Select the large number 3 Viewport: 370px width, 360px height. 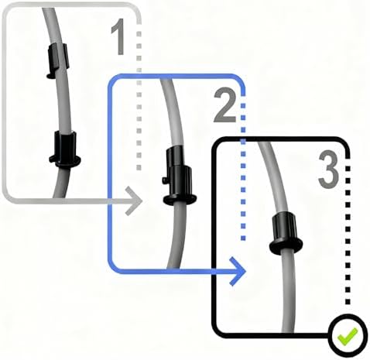click(x=328, y=170)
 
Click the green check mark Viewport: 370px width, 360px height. click(x=348, y=336)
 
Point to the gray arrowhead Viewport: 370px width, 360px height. click(x=134, y=201)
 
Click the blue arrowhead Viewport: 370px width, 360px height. click(x=238, y=271)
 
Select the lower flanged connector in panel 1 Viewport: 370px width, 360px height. click(x=65, y=149)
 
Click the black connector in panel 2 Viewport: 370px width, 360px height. click(x=180, y=176)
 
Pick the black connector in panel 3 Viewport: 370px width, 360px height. click(x=286, y=233)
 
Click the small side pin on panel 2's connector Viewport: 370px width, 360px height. click(x=165, y=180)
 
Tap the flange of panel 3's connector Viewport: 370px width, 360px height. click(x=286, y=246)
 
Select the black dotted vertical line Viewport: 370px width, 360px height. click(x=348, y=230)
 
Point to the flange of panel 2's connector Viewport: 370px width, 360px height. click(x=180, y=200)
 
